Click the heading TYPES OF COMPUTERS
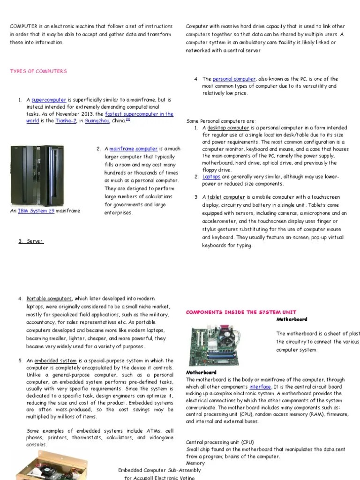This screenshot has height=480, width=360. pos(38,71)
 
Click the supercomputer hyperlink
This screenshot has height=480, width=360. pos(49,100)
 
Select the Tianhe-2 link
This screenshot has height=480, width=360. pos(66,121)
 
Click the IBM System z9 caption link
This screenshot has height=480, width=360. pos(36,211)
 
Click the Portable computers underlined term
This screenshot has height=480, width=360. pos(49,299)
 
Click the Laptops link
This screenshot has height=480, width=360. pos(211,177)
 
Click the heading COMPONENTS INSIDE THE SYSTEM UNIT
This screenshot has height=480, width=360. pos(241,312)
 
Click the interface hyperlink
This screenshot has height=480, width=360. pos(260,387)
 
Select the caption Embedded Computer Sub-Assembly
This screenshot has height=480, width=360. pos(159,470)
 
